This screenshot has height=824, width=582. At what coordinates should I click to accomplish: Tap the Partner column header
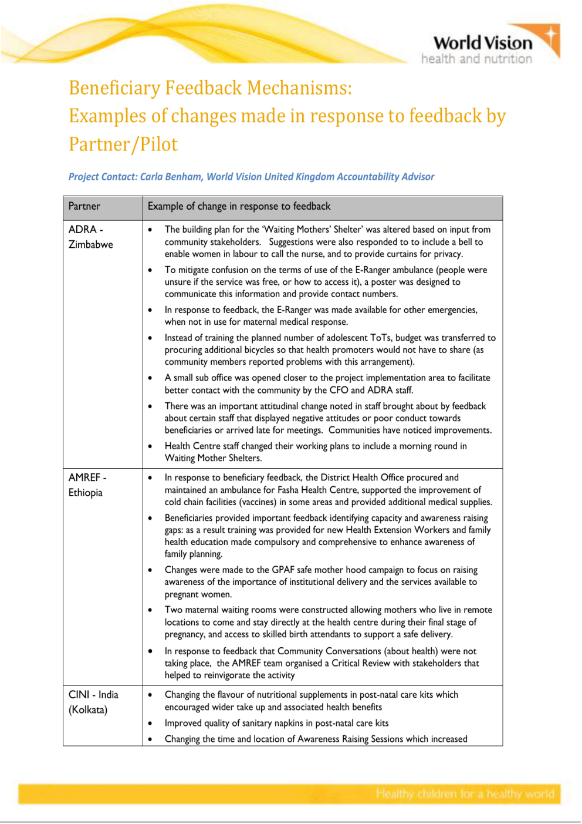84,206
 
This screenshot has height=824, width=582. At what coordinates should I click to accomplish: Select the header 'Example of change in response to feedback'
239,206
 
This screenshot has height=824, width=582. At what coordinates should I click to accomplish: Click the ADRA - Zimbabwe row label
90,237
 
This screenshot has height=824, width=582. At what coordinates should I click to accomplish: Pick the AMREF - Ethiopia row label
87,485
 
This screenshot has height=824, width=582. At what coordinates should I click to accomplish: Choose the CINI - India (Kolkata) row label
93,702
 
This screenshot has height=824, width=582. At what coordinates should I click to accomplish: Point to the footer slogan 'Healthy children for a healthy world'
465,794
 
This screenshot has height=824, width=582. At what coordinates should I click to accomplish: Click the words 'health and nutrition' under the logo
476,59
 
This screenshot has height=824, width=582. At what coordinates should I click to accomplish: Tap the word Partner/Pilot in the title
123,144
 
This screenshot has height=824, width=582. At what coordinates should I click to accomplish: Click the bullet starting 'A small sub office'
327,384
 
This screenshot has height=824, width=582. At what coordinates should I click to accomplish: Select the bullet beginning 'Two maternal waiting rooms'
328,622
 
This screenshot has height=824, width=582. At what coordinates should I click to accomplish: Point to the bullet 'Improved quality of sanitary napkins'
276,724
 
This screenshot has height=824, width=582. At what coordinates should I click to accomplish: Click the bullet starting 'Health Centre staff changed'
316,452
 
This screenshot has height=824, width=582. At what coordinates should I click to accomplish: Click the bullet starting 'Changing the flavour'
311,701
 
